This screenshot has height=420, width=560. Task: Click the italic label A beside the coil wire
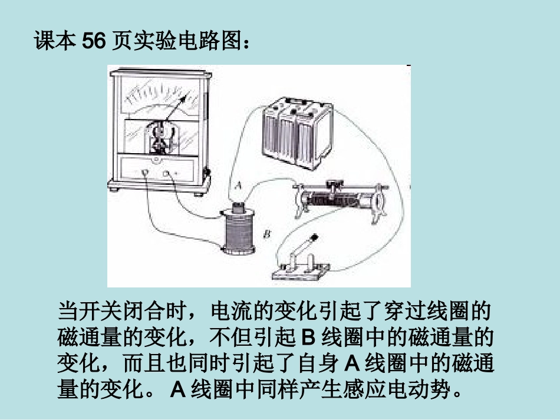click(238, 185)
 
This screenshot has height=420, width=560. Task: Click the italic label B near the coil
click(266, 234)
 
